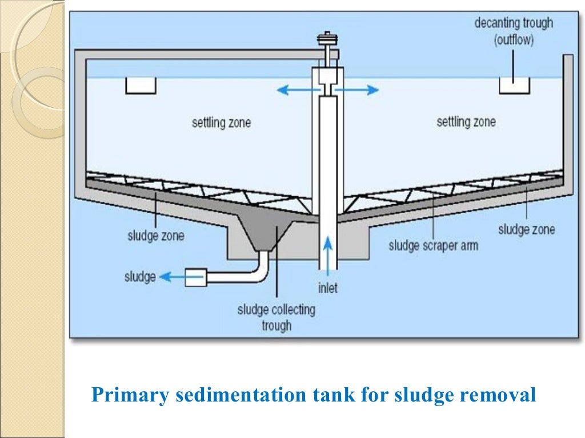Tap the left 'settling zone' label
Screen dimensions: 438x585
click(221, 123)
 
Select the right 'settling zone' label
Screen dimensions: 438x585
click(466, 121)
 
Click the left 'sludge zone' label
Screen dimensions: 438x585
click(156, 235)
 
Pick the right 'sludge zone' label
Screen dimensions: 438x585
click(526, 230)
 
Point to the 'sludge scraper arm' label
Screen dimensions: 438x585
click(433, 246)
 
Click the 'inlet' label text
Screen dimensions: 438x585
click(328, 288)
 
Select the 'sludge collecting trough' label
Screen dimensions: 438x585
click(277, 318)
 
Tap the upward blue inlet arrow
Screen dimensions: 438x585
click(328, 252)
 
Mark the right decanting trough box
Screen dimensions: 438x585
click(514, 86)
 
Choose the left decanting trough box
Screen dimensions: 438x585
click(141, 86)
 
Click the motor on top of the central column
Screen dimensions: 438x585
click(328, 42)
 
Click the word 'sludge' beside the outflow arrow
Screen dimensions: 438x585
click(140, 277)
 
